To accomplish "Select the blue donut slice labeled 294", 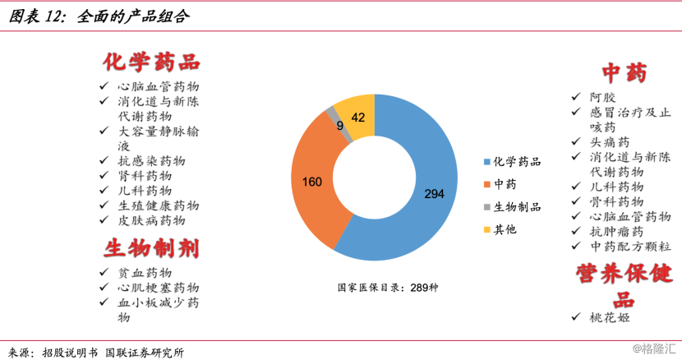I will point(431,193).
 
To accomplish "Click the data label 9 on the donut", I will point(340,125).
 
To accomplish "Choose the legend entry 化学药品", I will point(511,162).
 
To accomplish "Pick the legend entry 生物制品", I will point(511,207).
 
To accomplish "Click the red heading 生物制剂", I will point(152,247).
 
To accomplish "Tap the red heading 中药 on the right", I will point(624,73).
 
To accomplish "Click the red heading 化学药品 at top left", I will point(152,62).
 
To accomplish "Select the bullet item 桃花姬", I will point(610,317).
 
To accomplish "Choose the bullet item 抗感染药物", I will point(151,160).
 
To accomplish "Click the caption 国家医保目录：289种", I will point(388,288).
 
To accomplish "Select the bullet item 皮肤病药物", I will point(151,220).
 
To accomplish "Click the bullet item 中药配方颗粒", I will point(630,246).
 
